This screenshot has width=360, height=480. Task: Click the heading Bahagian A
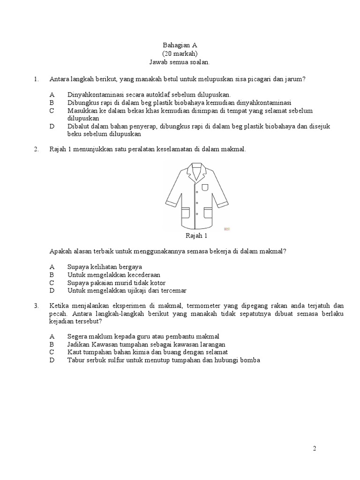pyautogui.click(x=180, y=45)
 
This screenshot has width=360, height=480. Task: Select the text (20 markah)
pyautogui.click(x=180, y=53)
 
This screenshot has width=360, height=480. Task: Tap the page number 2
pyautogui.click(x=315, y=449)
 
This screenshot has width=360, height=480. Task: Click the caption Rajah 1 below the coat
pyautogui.click(x=196, y=236)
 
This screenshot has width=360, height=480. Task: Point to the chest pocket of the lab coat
pyautogui.click(x=205, y=187)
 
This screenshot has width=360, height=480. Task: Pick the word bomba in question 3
pyautogui.click(x=251, y=360)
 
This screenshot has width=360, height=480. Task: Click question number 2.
pyautogui.click(x=36, y=149)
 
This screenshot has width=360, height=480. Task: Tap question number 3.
pyautogui.click(x=36, y=305)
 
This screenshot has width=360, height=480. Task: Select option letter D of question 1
pyautogui.click(x=52, y=126)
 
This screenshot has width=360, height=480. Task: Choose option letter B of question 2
pyautogui.click(x=52, y=275)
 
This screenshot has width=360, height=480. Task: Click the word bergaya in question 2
pyautogui.click(x=129, y=266)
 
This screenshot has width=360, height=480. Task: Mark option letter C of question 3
pyautogui.click(x=52, y=352)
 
